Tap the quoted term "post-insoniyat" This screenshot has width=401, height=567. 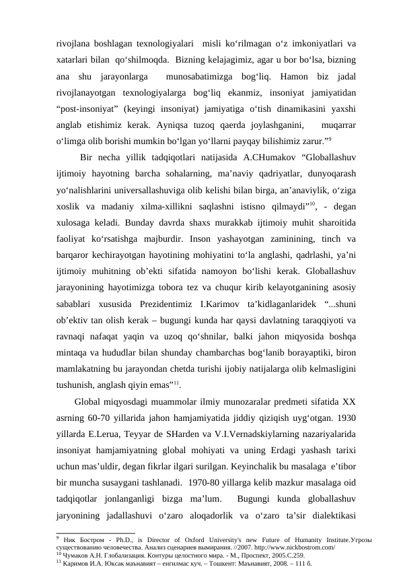pos(86,108)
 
